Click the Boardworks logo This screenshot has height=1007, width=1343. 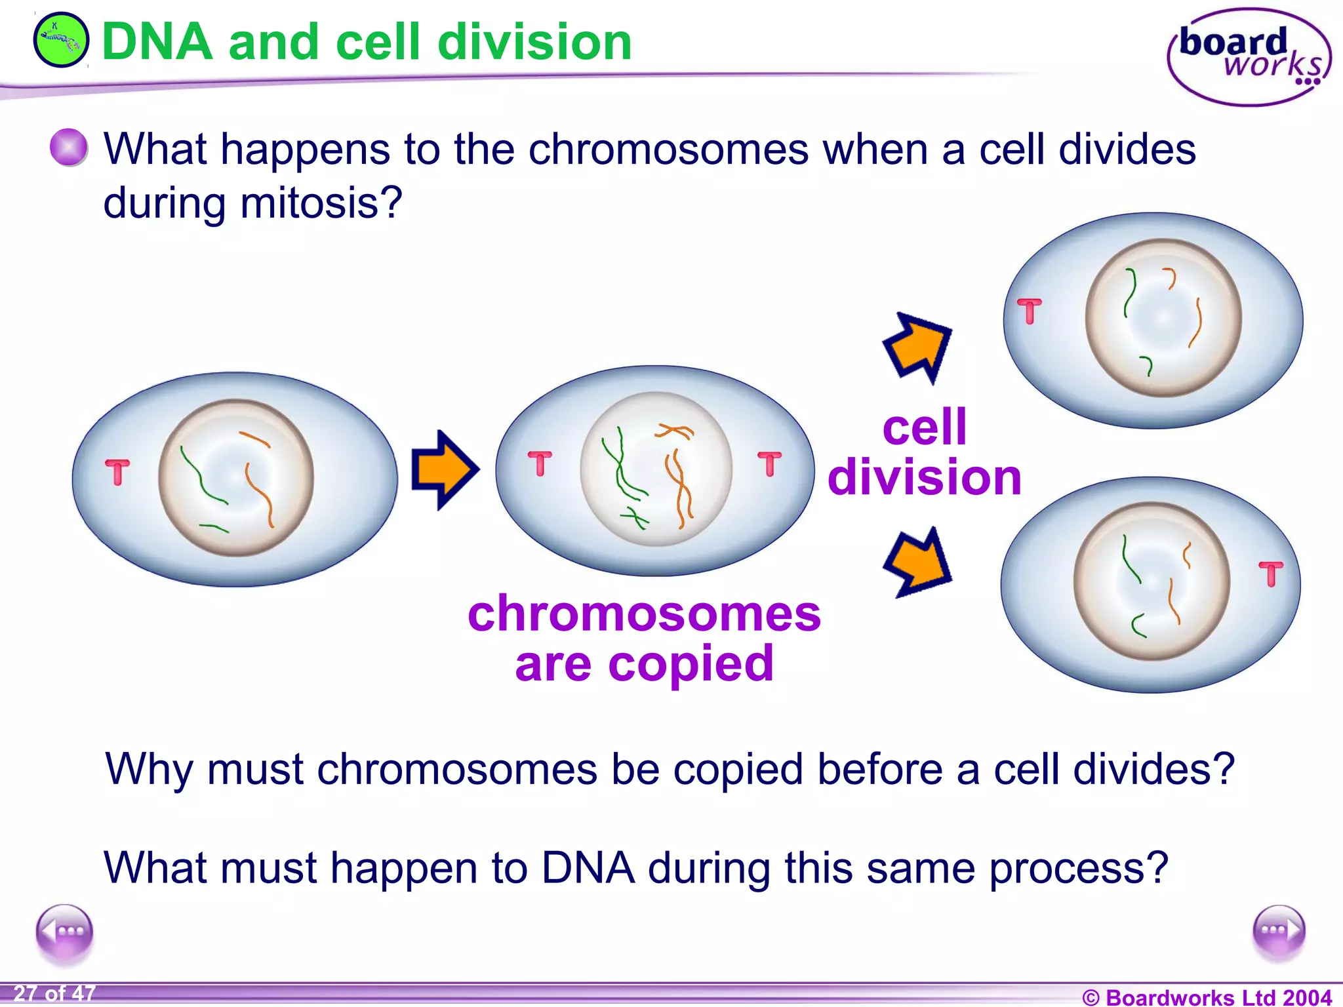(x=1249, y=57)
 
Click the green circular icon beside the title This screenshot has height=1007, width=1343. (x=60, y=41)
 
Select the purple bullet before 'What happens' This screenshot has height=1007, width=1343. (x=69, y=147)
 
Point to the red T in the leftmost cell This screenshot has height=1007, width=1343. (x=118, y=471)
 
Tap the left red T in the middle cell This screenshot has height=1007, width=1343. (x=540, y=463)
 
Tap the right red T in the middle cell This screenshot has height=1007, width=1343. (x=769, y=463)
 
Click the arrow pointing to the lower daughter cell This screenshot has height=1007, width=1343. (x=918, y=563)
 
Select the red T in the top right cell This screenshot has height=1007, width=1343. (x=1029, y=311)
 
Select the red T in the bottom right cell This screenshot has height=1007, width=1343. (x=1270, y=574)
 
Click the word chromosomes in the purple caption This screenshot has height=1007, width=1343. (x=644, y=615)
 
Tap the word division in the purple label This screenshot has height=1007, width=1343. (x=925, y=477)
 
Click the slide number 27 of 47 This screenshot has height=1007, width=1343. (x=54, y=993)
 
